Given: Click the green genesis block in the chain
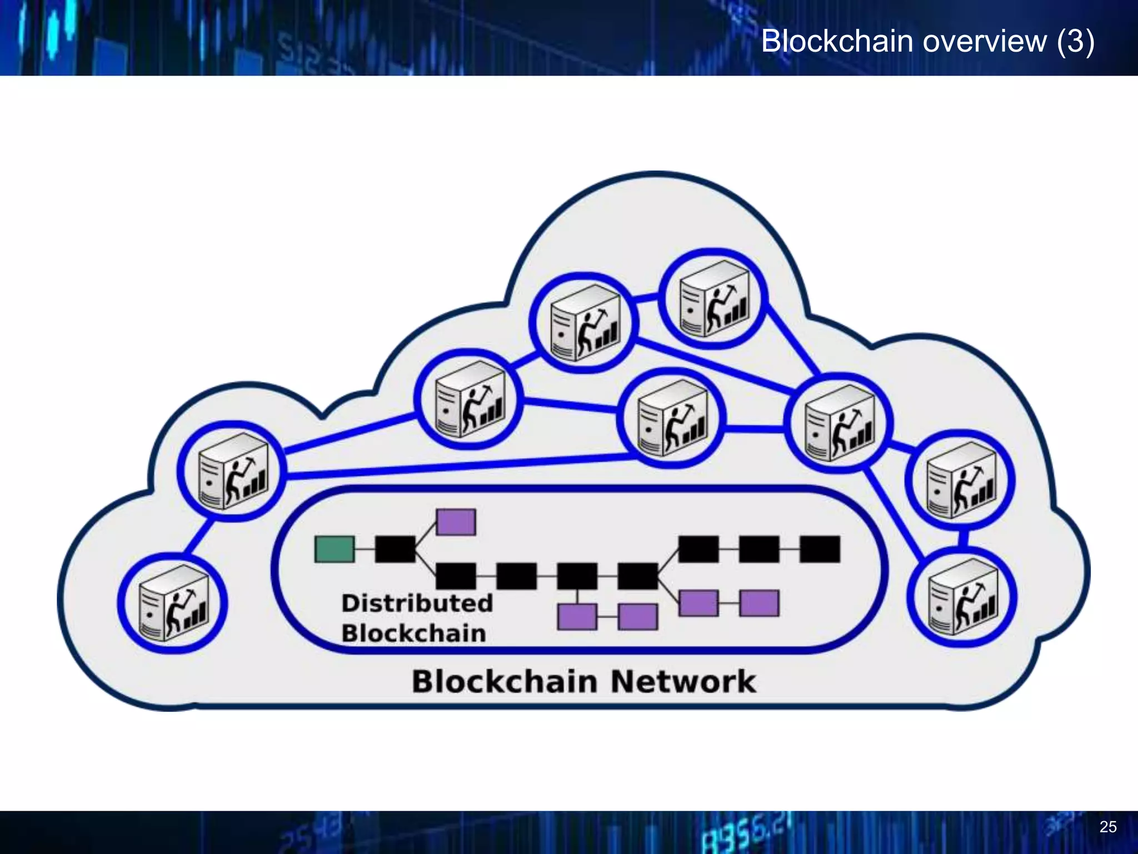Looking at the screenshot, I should coord(334,549).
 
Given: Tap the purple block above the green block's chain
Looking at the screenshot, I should coord(456,522).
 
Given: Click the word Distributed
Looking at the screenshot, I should coord(417,603).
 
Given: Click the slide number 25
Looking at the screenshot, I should coord(1107,827).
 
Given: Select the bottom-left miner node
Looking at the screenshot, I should coord(172,603).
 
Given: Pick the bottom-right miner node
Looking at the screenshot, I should coord(963,598).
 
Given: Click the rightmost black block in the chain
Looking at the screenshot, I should coord(820,549).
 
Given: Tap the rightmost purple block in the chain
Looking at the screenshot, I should coord(759,603).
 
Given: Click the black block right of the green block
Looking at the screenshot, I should coord(395,549).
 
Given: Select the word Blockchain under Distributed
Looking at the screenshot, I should coord(413,634).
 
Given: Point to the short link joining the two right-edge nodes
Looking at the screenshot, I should coord(963,538).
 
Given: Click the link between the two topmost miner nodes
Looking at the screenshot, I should coord(646,299).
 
